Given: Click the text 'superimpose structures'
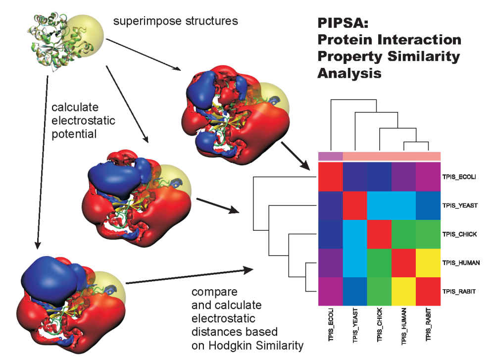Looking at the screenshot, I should click(x=175, y=21).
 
